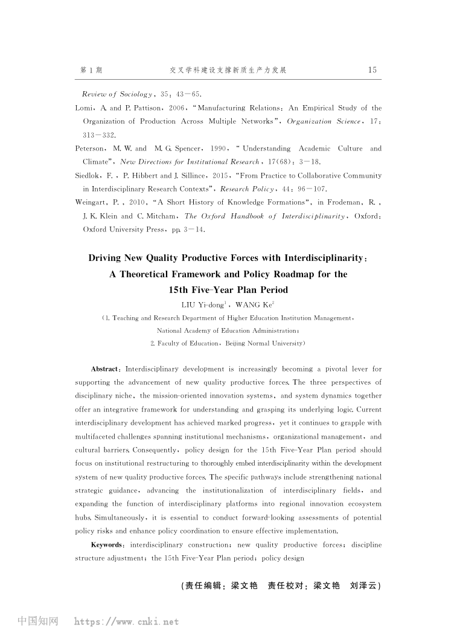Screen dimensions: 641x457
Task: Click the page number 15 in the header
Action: tap(372, 70)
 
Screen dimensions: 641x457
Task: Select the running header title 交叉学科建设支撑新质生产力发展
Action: tap(228, 70)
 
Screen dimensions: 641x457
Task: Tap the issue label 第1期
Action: tap(91, 70)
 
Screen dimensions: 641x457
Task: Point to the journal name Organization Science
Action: tap(318, 121)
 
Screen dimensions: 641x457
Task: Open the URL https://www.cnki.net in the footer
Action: tap(126, 621)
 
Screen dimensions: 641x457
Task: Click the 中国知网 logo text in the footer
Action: tap(38, 621)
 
